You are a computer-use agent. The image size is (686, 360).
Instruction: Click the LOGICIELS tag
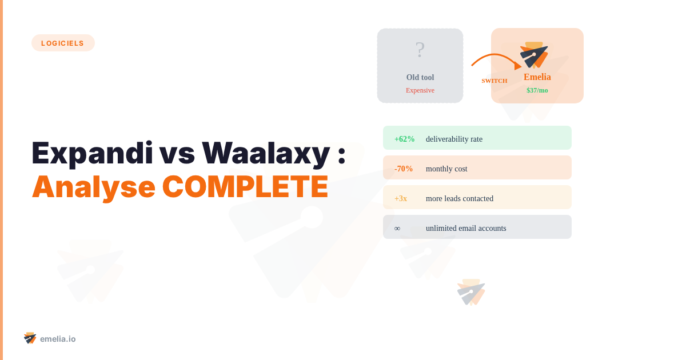click(x=63, y=43)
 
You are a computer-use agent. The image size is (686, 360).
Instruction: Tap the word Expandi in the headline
click(x=92, y=153)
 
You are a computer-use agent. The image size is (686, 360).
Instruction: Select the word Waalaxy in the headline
click(x=266, y=153)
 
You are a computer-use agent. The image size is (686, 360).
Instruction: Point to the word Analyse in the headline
click(x=93, y=186)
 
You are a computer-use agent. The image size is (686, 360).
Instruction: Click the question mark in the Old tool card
click(x=420, y=50)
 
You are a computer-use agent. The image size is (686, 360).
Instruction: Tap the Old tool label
click(x=420, y=77)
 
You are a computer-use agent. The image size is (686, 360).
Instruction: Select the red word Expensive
click(x=420, y=90)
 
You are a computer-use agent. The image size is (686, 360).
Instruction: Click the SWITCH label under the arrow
click(x=494, y=81)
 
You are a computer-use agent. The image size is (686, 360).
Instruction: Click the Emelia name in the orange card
click(x=537, y=77)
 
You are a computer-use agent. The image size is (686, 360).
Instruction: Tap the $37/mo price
click(x=537, y=90)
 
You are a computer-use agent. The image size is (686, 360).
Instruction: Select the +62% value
click(x=404, y=139)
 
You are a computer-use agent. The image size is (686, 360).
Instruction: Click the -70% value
click(x=404, y=169)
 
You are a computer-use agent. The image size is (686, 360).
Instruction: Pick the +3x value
click(x=401, y=198)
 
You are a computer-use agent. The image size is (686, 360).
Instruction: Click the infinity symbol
click(x=397, y=228)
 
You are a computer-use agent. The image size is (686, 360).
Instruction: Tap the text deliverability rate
click(x=454, y=139)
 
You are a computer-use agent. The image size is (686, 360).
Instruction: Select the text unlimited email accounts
click(x=466, y=228)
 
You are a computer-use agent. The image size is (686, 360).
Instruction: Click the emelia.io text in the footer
click(x=58, y=339)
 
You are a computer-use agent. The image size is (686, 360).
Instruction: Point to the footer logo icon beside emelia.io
click(x=30, y=338)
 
